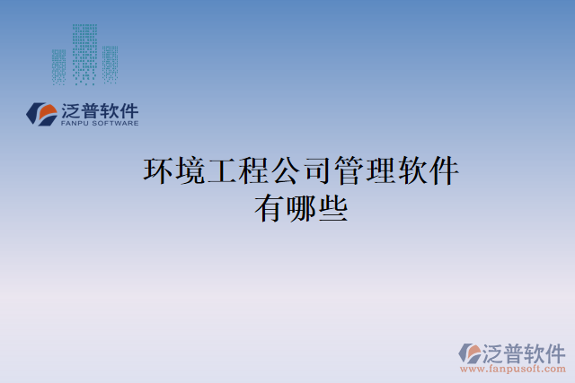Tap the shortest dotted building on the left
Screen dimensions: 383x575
coord(58,66)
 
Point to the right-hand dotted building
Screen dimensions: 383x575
coord(110,64)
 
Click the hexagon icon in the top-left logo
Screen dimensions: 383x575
coord(41,113)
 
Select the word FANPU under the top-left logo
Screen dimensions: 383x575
coord(74,124)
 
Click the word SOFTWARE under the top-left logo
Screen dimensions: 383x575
coord(114,124)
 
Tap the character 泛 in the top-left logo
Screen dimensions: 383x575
coord(71,110)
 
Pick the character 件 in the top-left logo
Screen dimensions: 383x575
coord(129,110)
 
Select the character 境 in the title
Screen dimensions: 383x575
coord(191,170)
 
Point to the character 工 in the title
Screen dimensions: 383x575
coord(223,170)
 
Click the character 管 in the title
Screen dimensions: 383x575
coord(349,170)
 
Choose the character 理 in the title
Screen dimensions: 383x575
coord(381,170)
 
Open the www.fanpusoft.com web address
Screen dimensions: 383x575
coord(511,369)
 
